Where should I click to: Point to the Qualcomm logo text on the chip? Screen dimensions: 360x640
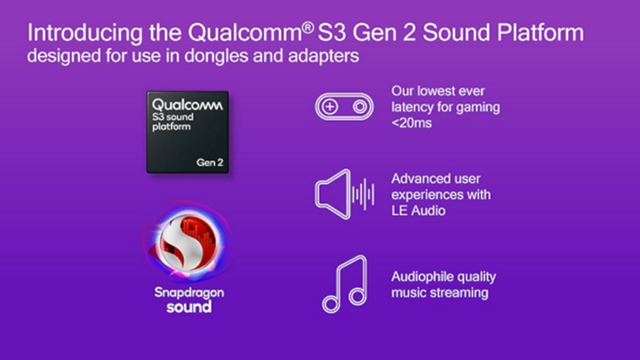coord(187,105)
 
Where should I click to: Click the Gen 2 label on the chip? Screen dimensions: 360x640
coord(210,163)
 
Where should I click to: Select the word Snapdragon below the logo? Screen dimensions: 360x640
coord(189,292)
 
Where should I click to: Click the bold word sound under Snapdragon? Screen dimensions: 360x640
coord(189,307)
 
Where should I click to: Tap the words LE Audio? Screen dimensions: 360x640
coord(418,211)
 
